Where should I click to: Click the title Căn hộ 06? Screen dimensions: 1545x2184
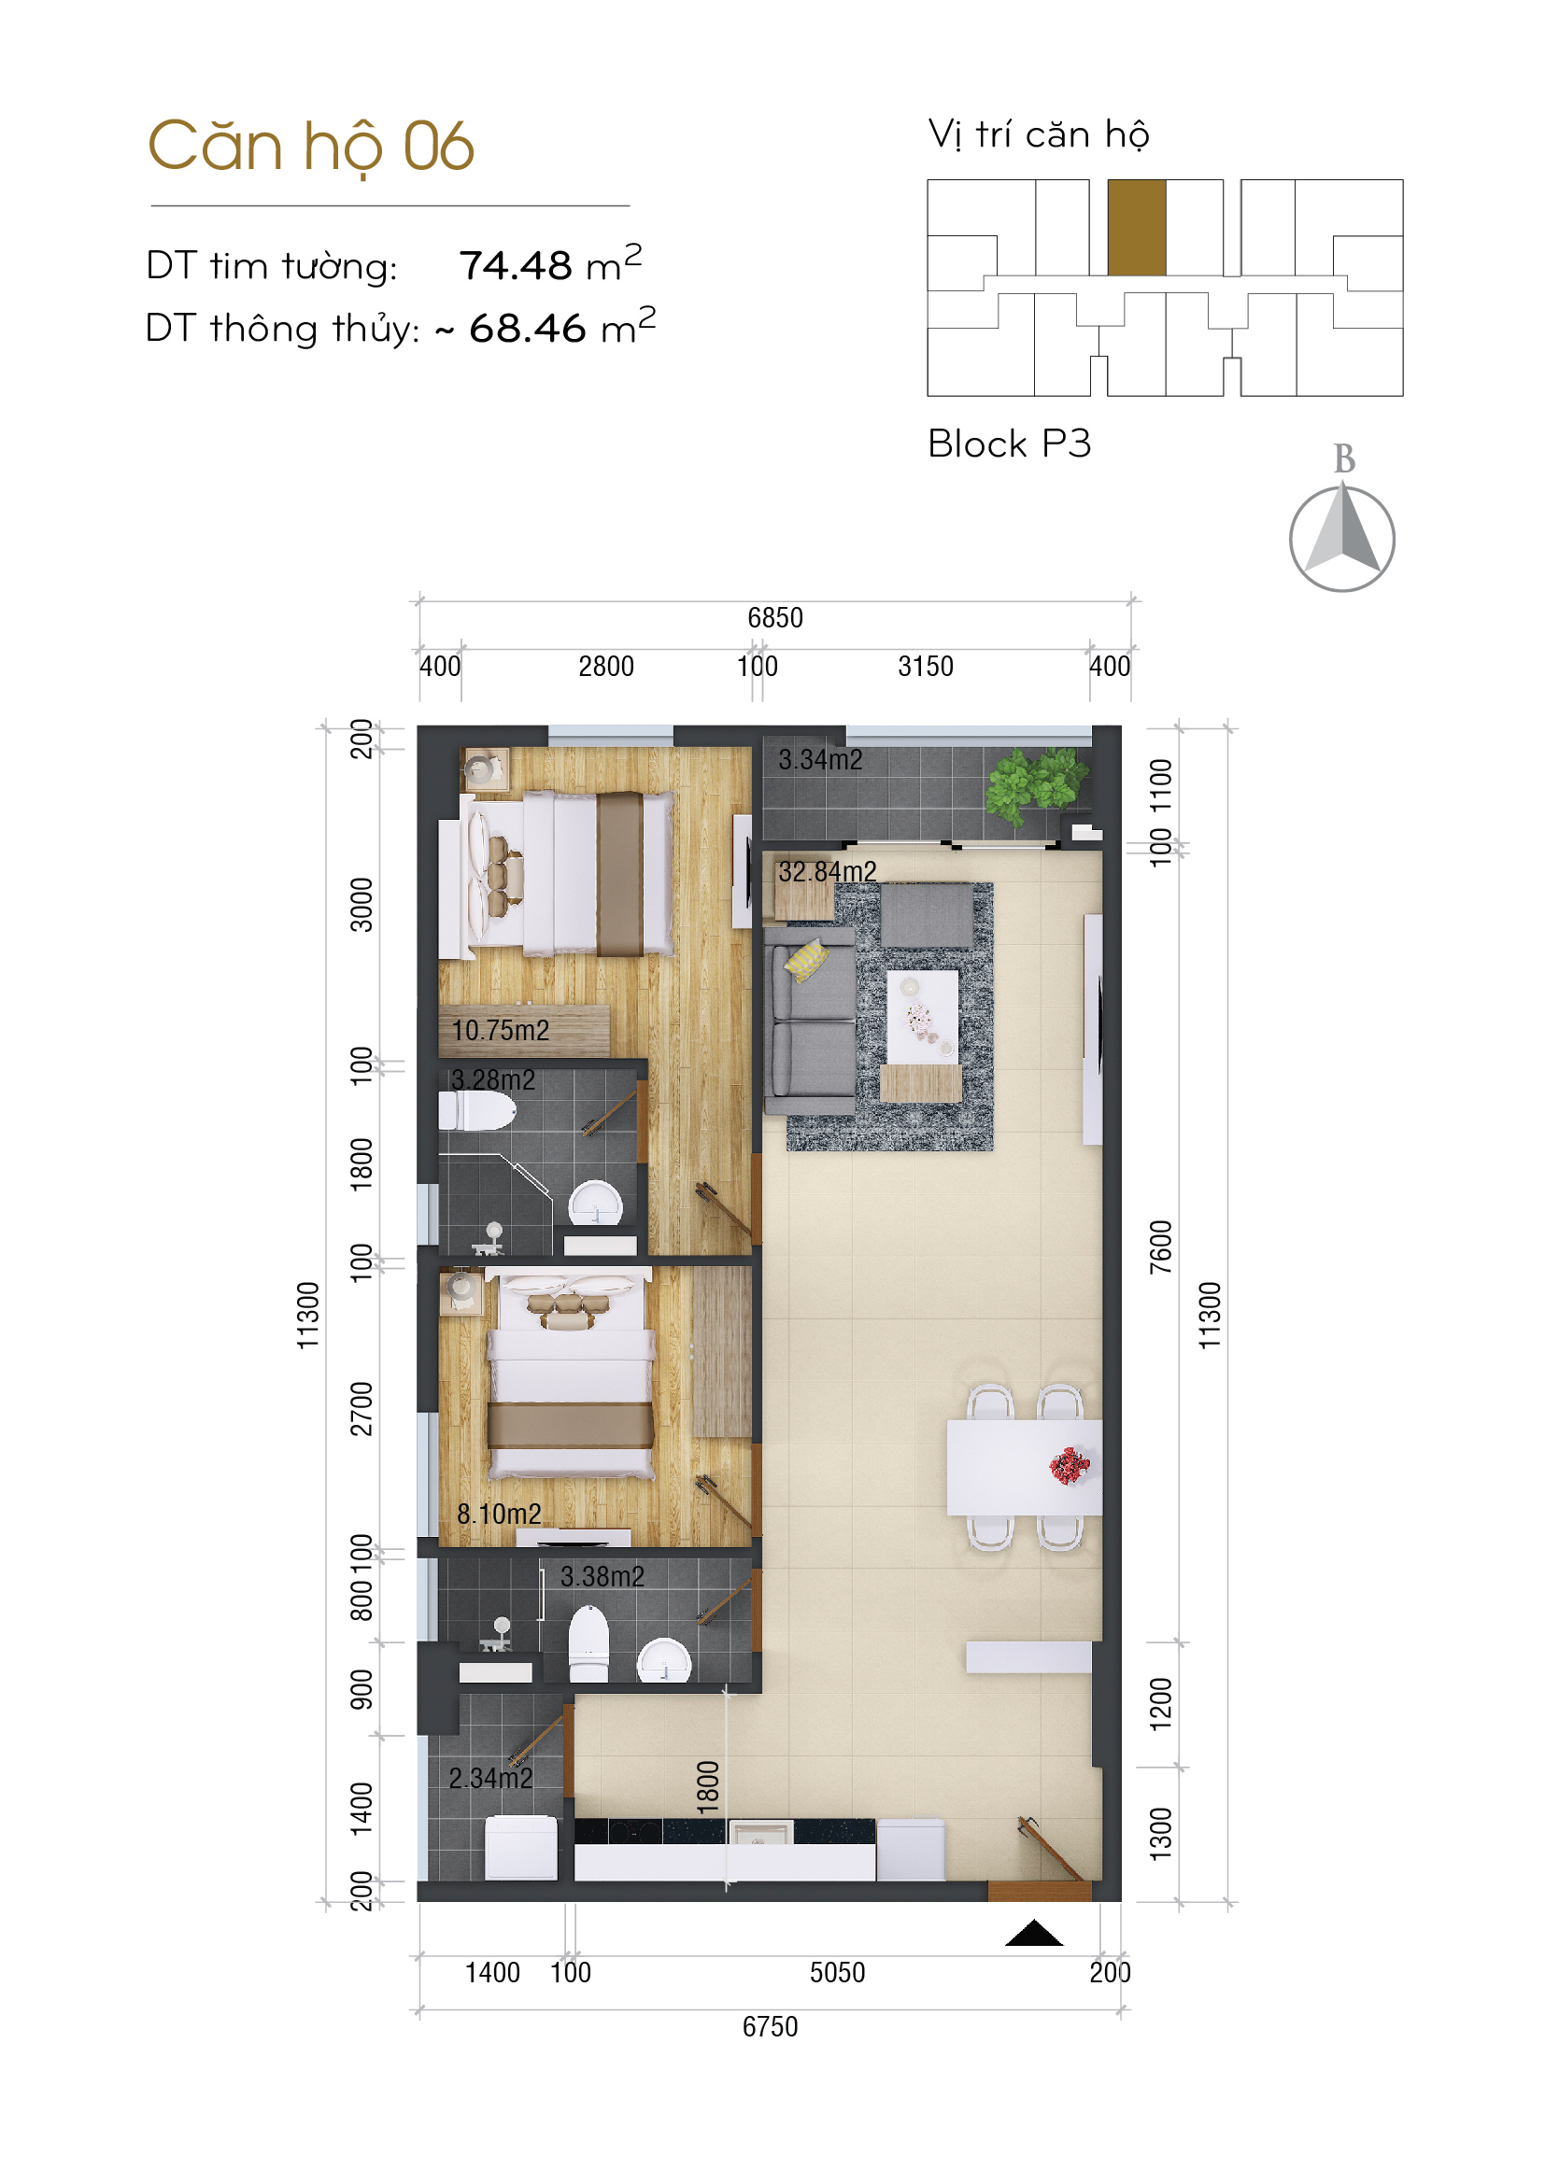311,148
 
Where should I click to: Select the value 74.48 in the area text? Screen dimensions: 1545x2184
515,266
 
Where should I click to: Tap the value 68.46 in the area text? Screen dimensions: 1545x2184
527,329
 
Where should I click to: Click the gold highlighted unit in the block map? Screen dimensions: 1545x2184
1137,227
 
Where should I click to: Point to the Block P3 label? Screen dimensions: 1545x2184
1010,444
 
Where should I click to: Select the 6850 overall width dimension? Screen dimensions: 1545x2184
775,618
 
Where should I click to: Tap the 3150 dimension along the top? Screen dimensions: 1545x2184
926,667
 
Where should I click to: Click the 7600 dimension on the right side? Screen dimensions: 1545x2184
1161,1247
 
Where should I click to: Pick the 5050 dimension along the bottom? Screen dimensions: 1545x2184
837,1973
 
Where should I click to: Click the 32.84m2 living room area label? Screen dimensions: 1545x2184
828,871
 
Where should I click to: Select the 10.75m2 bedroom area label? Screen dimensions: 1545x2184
501,1030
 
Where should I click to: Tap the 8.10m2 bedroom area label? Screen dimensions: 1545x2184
499,1514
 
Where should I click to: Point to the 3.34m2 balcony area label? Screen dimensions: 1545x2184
820,760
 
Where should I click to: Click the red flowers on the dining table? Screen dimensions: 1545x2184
1070,1466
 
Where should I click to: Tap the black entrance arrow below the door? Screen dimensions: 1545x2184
1034,1934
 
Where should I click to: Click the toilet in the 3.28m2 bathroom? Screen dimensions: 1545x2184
476,1110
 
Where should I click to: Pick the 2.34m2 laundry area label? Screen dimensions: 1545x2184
491,1778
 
